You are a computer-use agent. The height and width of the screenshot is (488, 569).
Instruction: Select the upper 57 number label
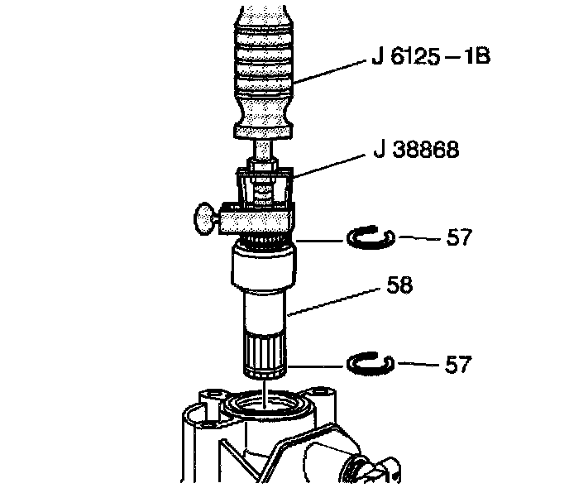click(x=461, y=238)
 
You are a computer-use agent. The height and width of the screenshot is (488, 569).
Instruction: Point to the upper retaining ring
click(x=371, y=238)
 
